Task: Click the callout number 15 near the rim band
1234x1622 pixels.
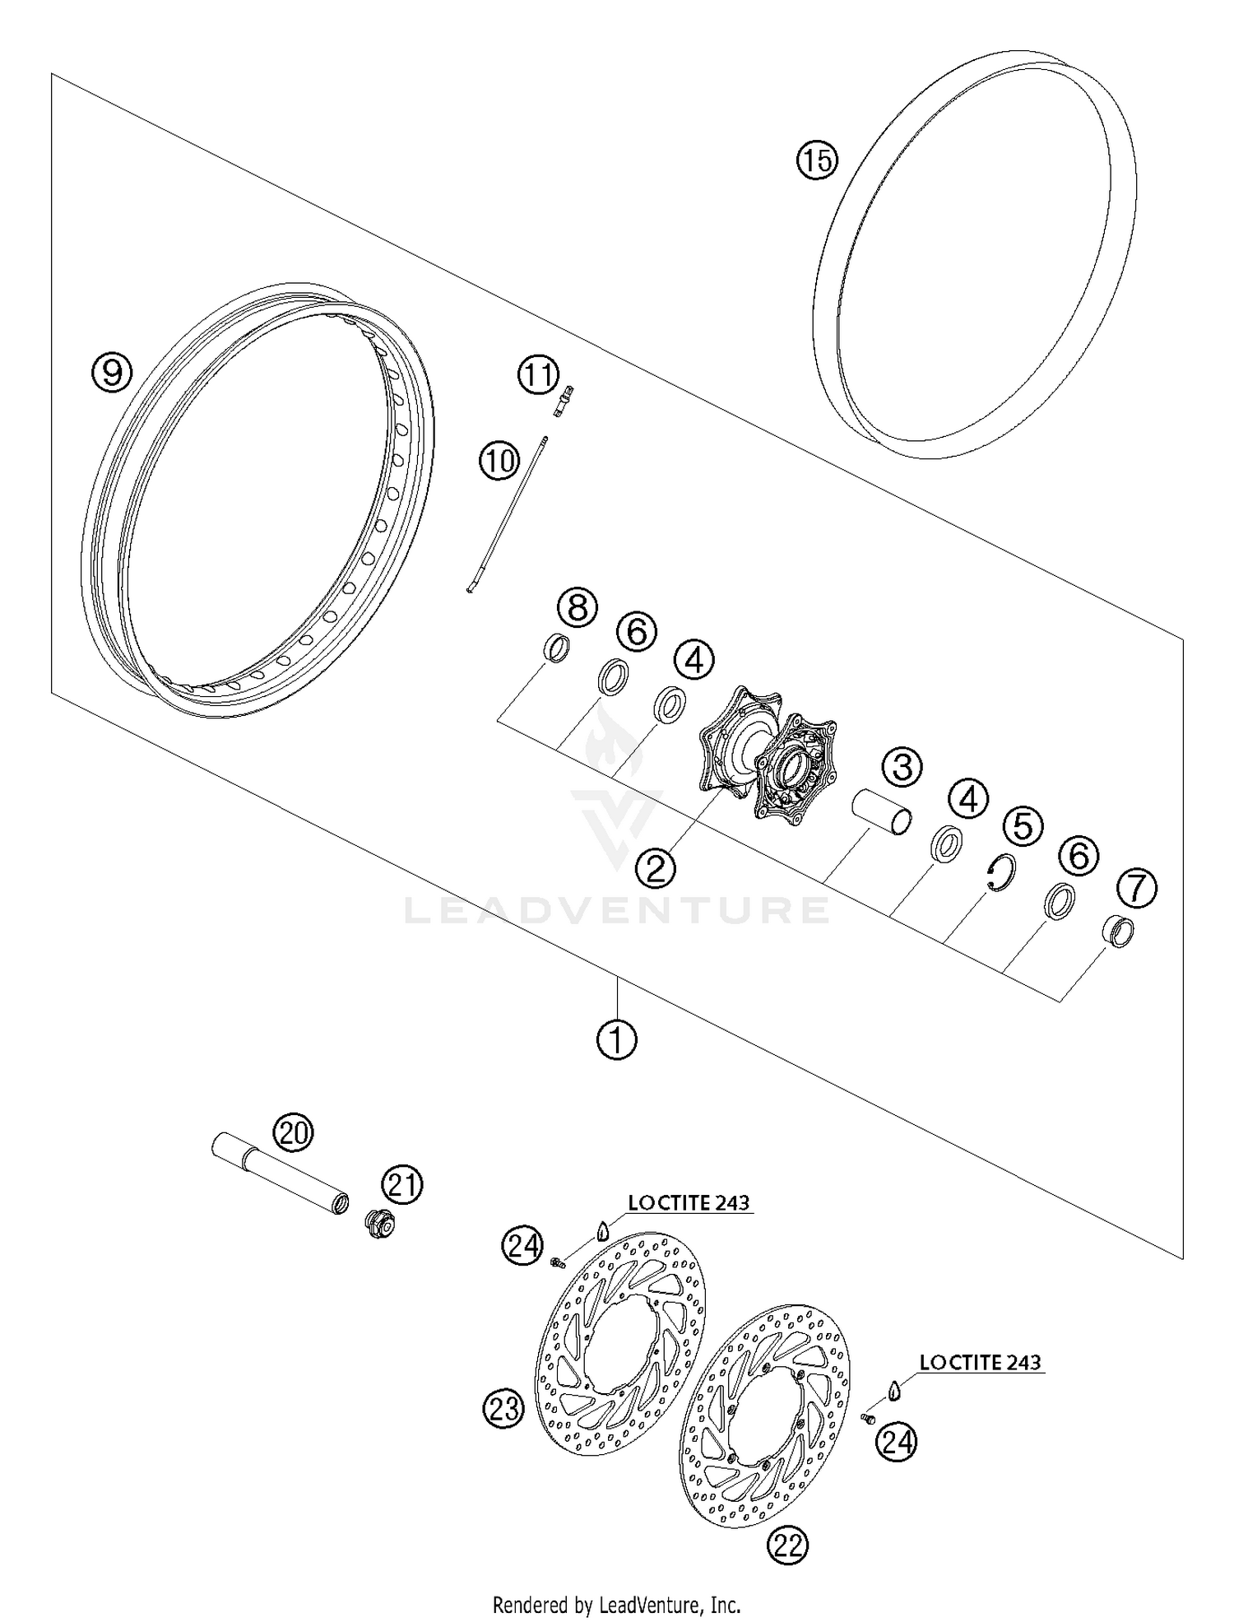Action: (816, 160)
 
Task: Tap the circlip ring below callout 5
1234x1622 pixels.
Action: (1001, 872)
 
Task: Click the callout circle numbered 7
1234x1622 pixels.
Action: (1136, 888)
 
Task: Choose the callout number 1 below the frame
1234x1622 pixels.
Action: (616, 1040)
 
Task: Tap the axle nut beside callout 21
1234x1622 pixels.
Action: (381, 1225)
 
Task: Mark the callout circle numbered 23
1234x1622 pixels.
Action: (503, 1408)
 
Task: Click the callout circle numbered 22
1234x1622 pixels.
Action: (788, 1545)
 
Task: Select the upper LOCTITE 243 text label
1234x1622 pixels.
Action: (689, 1202)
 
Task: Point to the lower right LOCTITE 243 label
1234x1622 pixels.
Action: (980, 1362)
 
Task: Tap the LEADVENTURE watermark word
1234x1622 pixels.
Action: (617, 910)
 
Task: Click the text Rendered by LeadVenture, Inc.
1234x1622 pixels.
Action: (616, 1604)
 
